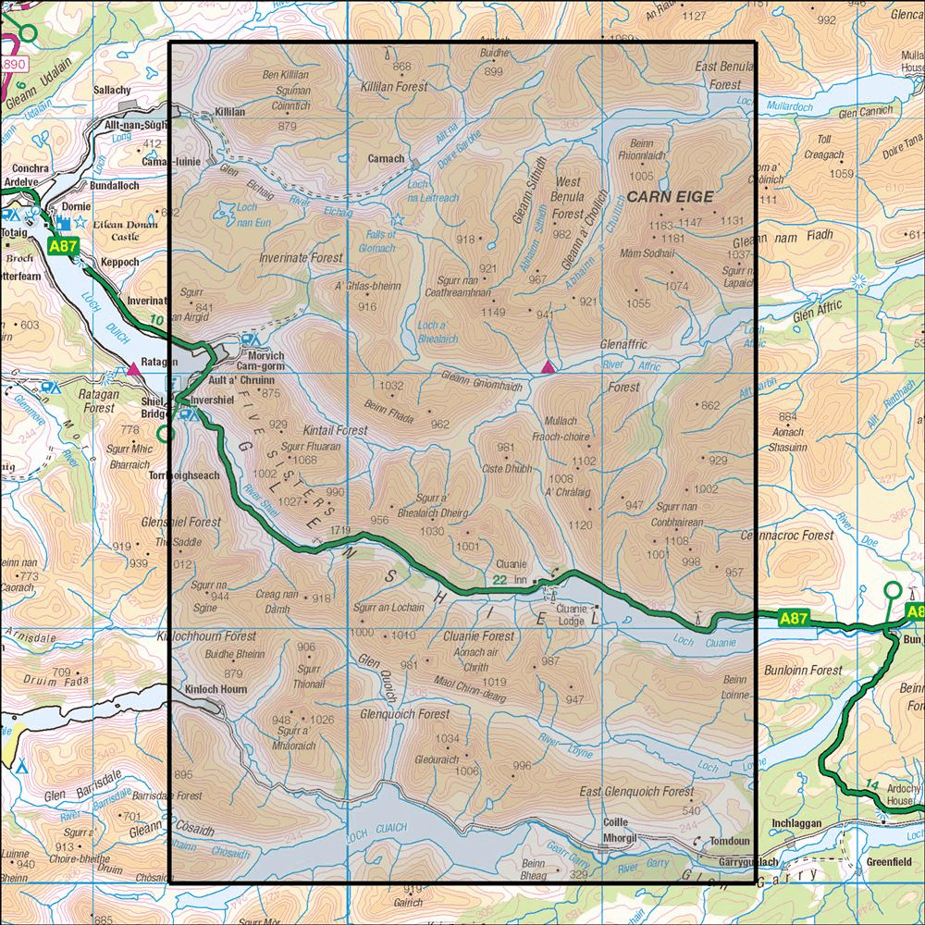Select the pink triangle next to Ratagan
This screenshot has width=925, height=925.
(x=134, y=369)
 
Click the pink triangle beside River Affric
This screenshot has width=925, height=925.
(x=549, y=368)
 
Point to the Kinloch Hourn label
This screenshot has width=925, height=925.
(x=216, y=689)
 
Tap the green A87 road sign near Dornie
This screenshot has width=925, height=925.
(x=63, y=247)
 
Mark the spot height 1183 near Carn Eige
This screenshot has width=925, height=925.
(x=660, y=227)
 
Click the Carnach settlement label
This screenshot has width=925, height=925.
(x=385, y=158)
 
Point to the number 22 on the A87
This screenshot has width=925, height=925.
(x=499, y=581)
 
